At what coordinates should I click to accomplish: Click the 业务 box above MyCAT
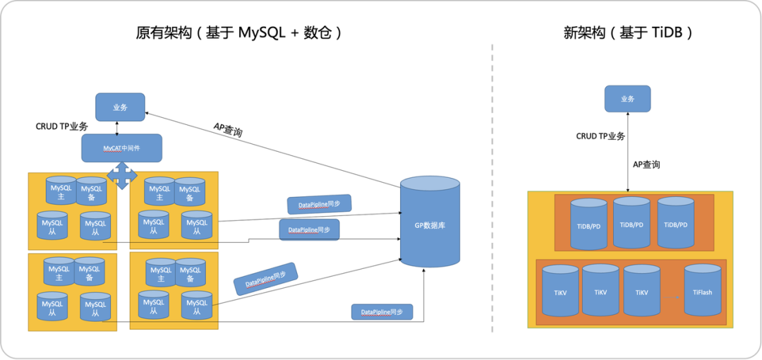[x=120, y=107]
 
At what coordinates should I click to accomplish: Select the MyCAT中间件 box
[x=121, y=148]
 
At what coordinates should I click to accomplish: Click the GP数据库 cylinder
[x=430, y=223]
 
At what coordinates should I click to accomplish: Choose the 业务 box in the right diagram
[x=627, y=99]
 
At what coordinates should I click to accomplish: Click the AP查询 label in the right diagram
[x=646, y=164]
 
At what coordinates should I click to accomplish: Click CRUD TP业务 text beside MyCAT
[x=62, y=126]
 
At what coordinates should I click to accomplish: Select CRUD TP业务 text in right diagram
[x=600, y=136]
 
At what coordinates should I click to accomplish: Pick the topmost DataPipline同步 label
[x=319, y=204]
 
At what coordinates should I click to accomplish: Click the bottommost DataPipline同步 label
[x=382, y=312]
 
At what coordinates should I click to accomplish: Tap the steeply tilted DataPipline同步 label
[x=265, y=279]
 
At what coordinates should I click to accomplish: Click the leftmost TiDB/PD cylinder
[x=588, y=224]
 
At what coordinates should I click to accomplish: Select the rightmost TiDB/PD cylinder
[x=675, y=223]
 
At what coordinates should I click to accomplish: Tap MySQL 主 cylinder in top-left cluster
[x=61, y=192]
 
